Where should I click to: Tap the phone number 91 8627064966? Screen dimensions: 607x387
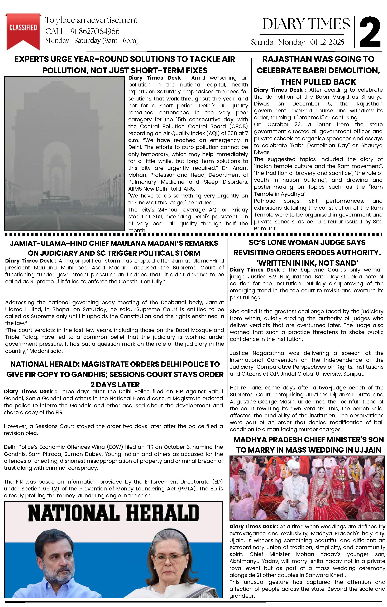point(95,31)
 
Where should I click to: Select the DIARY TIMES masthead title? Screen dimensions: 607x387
point(306,24)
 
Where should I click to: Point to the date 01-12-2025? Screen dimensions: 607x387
point(327,42)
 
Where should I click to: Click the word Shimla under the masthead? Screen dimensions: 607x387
point(262,42)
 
